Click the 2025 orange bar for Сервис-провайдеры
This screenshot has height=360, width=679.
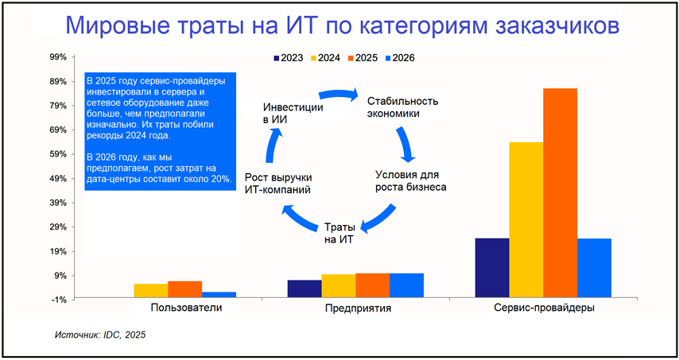[x=560, y=193]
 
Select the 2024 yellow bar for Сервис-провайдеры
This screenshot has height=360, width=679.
[x=526, y=220]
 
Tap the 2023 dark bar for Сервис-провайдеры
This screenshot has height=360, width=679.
[x=491, y=268]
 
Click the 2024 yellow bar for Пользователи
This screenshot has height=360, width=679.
[x=150, y=291]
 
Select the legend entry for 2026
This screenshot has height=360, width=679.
[x=398, y=58]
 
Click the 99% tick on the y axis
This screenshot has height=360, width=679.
[x=59, y=57]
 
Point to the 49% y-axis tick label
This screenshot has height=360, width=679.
[x=59, y=179]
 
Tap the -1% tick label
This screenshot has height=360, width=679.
[x=60, y=300]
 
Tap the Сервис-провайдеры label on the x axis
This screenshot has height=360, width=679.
[x=543, y=308]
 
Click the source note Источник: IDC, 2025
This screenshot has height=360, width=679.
[x=100, y=336]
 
